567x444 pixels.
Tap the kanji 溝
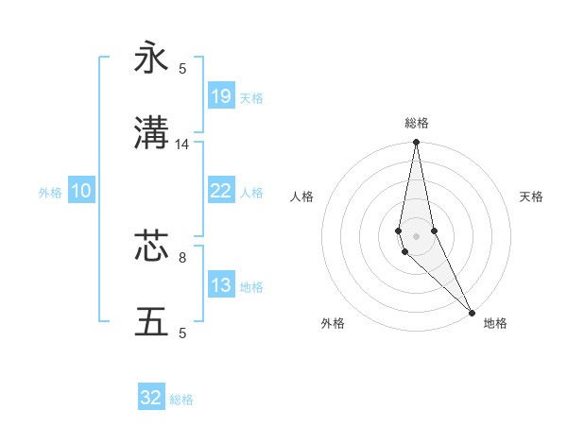pyautogui.click(x=151, y=134)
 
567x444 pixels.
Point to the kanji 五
pyautogui.click(x=151, y=322)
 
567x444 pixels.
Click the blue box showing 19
pyautogui.click(x=220, y=95)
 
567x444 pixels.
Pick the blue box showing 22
pyautogui.click(x=220, y=190)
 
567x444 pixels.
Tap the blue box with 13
pyautogui.click(x=220, y=285)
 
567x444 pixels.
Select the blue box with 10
pyautogui.click(x=80, y=191)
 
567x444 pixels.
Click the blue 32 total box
pyautogui.click(x=151, y=398)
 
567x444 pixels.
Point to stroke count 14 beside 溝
pyautogui.click(x=182, y=145)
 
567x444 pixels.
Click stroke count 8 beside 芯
pyautogui.click(x=182, y=256)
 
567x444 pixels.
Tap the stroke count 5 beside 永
pyautogui.click(x=182, y=68)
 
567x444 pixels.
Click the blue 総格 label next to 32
pyautogui.click(x=181, y=400)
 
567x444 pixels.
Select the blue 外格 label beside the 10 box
pyautogui.click(x=50, y=192)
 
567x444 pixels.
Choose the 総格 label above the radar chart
pyautogui.click(x=417, y=123)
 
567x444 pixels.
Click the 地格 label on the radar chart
pyautogui.click(x=495, y=323)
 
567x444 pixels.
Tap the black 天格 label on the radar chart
pyautogui.click(x=531, y=196)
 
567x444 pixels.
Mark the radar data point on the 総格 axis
pyautogui.click(x=417, y=143)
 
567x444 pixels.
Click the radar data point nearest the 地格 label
pyautogui.click(x=472, y=313)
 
